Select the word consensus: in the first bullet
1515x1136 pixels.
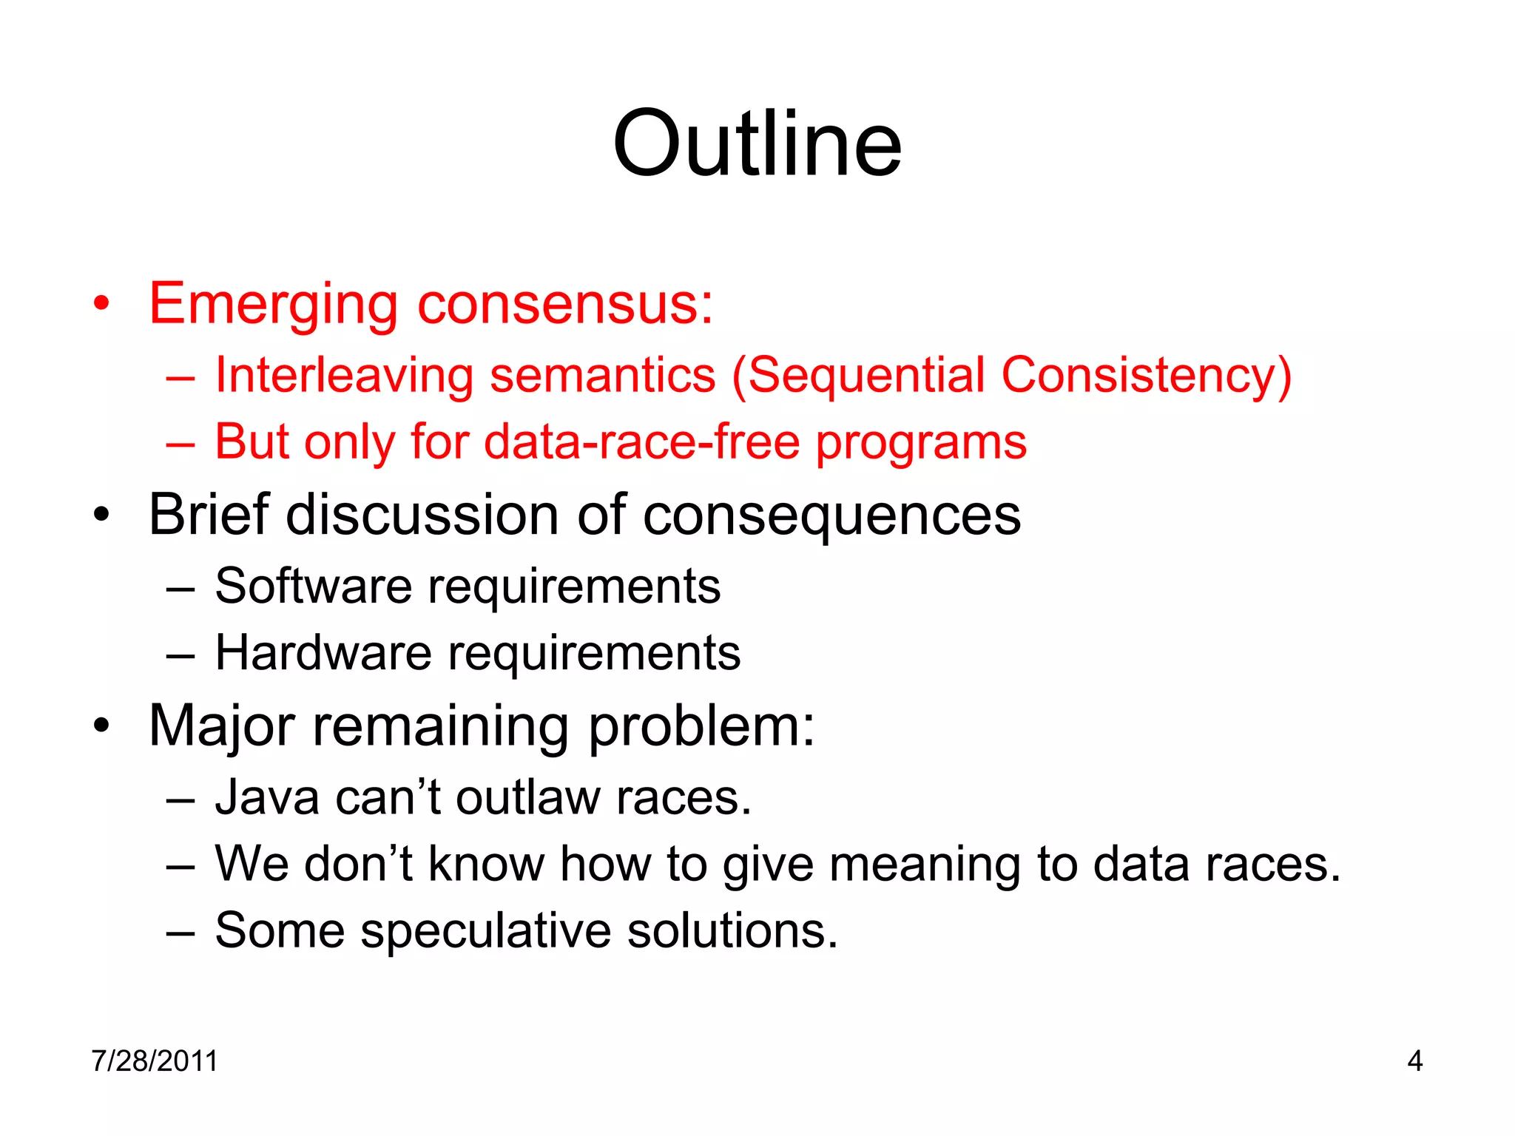tap(566, 305)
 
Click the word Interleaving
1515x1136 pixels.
tap(343, 375)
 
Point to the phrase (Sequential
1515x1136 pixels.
tap(858, 375)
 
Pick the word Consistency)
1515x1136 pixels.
tap(1146, 375)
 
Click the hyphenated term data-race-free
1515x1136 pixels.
tap(642, 442)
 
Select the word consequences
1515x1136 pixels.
tap(831, 515)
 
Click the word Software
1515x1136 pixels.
tap(313, 586)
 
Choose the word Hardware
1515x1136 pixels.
tap(323, 653)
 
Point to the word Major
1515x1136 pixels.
tap(222, 726)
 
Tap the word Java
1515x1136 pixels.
tap(266, 798)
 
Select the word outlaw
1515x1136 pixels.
tap(527, 798)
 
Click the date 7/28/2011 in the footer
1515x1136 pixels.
tap(155, 1061)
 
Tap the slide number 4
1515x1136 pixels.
tap(1414, 1061)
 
